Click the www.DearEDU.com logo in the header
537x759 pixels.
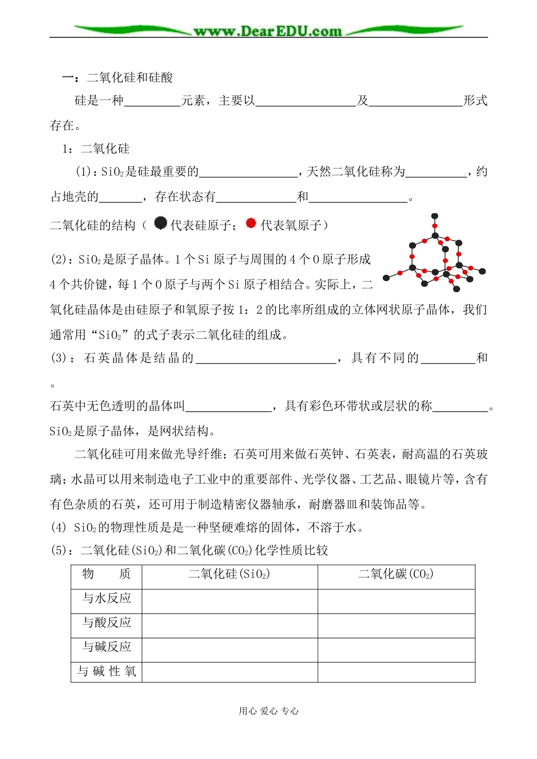(x=268, y=31)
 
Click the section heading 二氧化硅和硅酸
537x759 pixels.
(x=130, y=77)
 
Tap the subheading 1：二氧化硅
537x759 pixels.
(x=96, y=149)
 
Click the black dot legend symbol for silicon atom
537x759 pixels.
(x=161, y=223)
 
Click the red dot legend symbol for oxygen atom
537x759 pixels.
(x=251, y=223)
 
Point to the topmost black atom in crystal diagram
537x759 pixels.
(x=435, y=216)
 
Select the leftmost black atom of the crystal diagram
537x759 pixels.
(x=387, y=278)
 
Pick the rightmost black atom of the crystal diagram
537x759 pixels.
(x=482, y=271)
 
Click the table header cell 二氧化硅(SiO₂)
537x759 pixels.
(x=229, y=575)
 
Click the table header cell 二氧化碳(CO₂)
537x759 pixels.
(x=396, y=575)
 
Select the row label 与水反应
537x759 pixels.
(x=107, y=598)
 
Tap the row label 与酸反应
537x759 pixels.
(x=107, y=623)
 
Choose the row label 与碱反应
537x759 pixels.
(x=107, y=647)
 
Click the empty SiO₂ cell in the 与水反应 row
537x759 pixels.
(x=229, y=601)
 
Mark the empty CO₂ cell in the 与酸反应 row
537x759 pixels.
(x=396, y=626)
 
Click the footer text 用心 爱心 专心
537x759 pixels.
(x=268, y=711)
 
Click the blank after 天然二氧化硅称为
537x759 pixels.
(x=436, y=172)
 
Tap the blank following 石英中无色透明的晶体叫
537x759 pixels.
(x=228, y=407)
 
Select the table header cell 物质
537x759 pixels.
(x=107, y=575)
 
